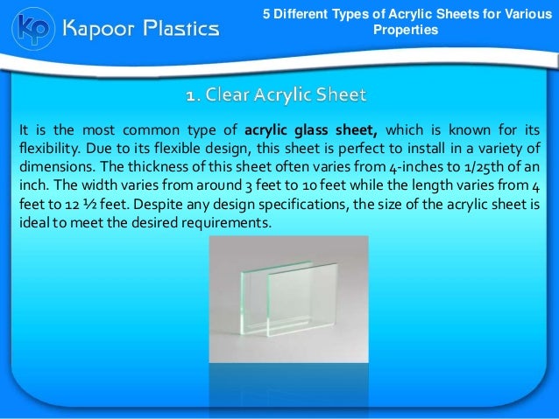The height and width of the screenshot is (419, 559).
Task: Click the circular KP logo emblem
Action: (x=31, y=28)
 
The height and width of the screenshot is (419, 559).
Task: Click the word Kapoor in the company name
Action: (x=98, y=29)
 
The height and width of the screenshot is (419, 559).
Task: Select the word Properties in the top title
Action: (x=406, y=31)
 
